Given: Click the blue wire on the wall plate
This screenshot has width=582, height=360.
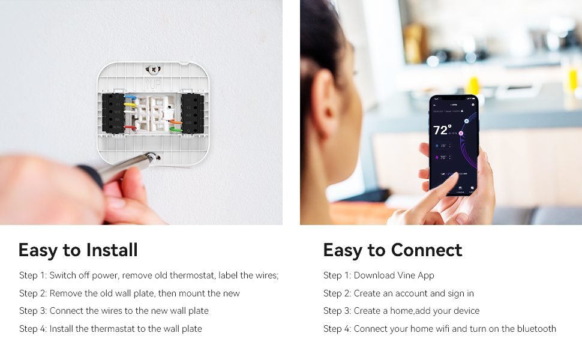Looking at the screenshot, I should (131, 96).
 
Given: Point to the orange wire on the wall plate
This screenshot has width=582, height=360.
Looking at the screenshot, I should (175, 122).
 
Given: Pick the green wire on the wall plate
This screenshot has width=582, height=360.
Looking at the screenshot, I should (175, 129).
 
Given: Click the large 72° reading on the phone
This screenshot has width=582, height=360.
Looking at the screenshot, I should (442, 130).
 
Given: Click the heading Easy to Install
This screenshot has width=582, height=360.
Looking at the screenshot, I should (78, 250).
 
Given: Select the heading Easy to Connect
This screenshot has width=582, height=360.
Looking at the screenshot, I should (392, 250).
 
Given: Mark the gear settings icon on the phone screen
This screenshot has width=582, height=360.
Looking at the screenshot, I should (473, 105).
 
